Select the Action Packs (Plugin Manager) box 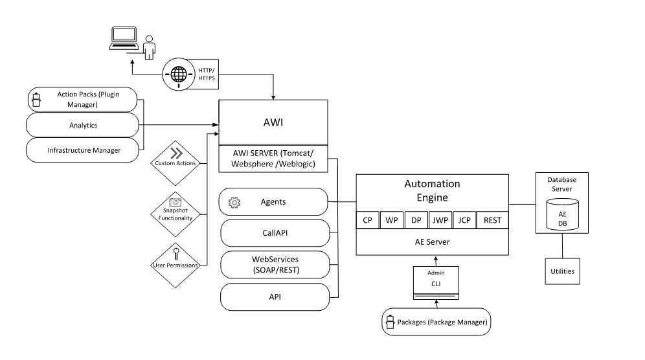pyautogui.click(x=82, y=99)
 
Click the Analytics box pyautogui.click(x=82, y=125)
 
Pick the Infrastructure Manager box pyautogui.click(x=82, y=150)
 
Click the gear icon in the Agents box pyautogui.click(x=234, y=203)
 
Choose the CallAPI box pyautogui.click(x=275, y=233)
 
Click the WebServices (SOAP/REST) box pyautogui.click(x=275, y=264)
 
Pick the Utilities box pyautogui.click(x=562, y=271)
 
